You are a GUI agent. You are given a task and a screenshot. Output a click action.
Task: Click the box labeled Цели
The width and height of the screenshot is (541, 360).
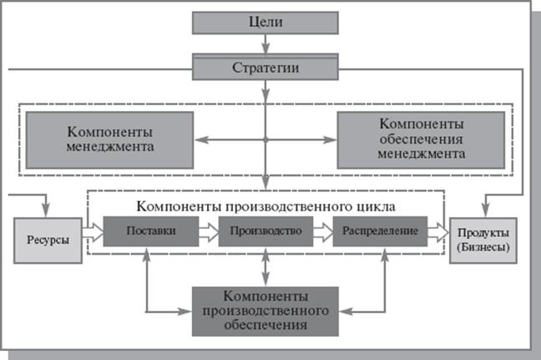265,23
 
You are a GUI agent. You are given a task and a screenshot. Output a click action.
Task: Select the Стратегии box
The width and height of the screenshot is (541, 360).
265,66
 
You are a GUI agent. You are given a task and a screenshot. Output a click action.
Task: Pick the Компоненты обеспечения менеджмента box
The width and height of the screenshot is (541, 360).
421,139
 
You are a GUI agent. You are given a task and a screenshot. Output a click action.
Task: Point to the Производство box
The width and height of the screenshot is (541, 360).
265,229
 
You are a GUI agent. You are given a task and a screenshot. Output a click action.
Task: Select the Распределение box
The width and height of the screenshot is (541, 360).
379,229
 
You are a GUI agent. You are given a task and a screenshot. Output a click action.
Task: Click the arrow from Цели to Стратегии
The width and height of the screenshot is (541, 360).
265,44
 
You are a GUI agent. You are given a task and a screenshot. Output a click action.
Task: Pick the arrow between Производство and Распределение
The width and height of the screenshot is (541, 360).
322,229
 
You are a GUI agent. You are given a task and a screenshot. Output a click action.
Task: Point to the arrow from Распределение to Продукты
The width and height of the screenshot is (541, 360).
437,229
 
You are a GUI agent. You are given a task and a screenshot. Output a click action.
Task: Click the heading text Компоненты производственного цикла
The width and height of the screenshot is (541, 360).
265,204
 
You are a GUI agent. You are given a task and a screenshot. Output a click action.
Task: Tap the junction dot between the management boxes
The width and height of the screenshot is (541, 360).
265,139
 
